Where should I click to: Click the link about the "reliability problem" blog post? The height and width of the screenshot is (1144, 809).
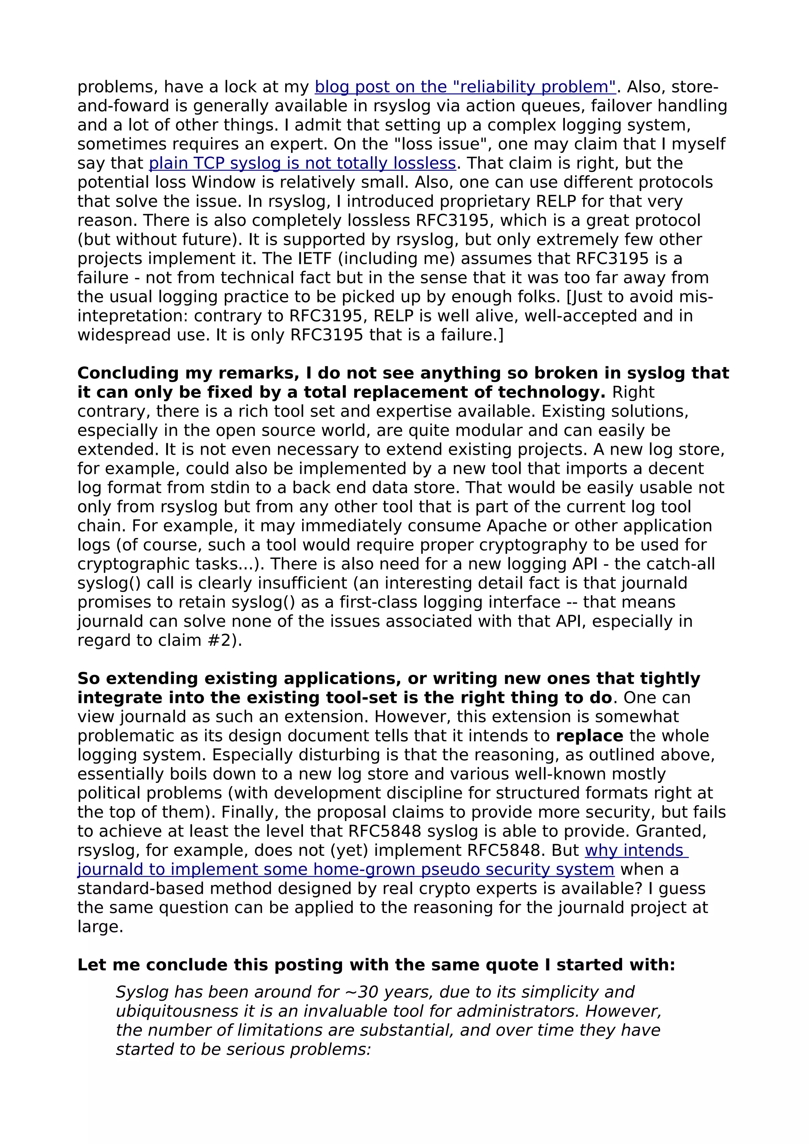pos(465,87)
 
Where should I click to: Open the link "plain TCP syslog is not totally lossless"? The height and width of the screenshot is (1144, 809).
pos(302,163)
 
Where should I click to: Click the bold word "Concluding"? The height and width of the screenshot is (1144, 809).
pos(128,373)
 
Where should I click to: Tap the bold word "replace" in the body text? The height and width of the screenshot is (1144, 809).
pos(589,736)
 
